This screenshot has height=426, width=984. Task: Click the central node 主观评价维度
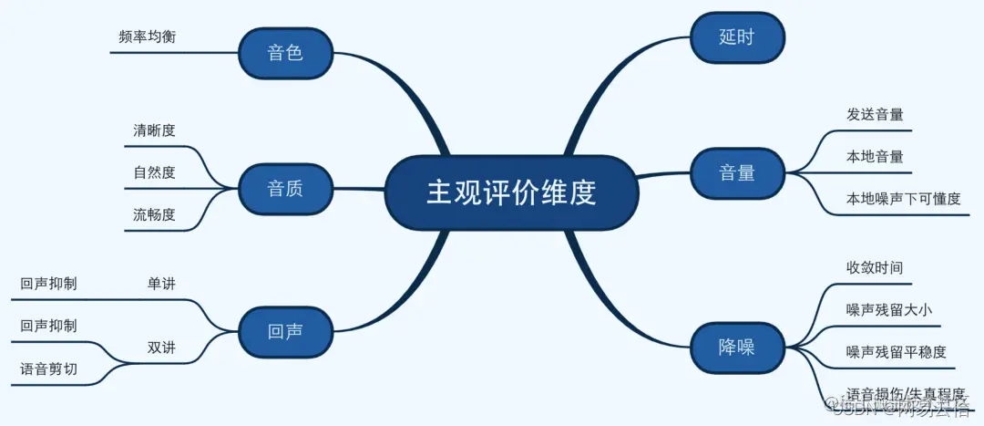coord(510,192)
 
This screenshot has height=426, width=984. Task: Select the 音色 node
coord(285,53)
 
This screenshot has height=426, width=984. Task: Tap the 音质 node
coord(285,189)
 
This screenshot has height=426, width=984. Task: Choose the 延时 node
coord(737,37)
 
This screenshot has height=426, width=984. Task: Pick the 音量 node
coord(737,171)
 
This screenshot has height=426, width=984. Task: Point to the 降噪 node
coord(737,347)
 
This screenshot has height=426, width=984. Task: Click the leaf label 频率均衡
coord(147,37)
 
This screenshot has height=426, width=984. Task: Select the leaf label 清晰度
coord(154,130)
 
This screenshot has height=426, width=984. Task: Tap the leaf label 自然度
coord(154,172)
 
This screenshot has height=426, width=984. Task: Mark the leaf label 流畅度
coord(154,215)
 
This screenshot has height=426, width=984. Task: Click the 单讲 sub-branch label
coord(161,284)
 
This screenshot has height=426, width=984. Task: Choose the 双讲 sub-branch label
coord(161,348)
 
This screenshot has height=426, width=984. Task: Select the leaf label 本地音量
coord(875,156)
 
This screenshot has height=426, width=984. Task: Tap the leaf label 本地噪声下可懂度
coord(903,198)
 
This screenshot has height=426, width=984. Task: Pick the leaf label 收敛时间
coord(875,267)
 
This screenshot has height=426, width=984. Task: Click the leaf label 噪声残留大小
coord(888,310)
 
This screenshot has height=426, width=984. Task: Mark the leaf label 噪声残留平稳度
coord(896,352)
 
